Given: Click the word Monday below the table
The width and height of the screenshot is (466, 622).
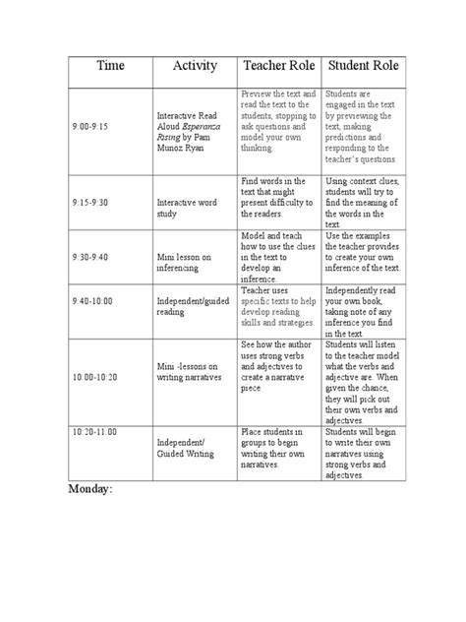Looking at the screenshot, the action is [89, 490].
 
